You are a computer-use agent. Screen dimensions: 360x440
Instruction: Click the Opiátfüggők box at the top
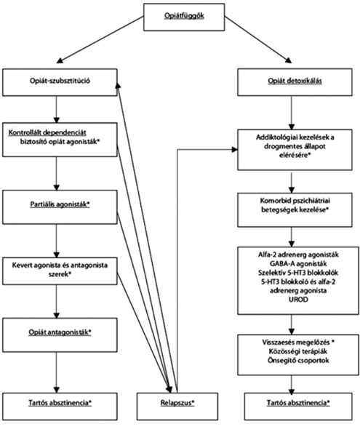point(184,17)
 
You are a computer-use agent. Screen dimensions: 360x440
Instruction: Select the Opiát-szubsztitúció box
point(60,82)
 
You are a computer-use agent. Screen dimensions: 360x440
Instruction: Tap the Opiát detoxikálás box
point(295,82)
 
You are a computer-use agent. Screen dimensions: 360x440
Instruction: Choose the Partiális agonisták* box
point(60,207)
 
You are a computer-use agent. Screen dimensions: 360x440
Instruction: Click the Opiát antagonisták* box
point(60,335)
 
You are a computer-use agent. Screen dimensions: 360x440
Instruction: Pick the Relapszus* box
point(177,407)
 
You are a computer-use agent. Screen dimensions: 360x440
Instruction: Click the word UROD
point(298,300)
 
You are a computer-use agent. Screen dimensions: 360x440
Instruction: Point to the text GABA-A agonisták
point(298,263)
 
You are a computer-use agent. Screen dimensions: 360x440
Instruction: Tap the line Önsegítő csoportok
point(298,360)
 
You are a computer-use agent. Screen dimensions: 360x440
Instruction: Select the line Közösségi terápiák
point(298,351)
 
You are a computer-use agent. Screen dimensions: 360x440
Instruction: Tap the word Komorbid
point(275,201)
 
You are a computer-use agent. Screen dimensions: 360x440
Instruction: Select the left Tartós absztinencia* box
point(60,407)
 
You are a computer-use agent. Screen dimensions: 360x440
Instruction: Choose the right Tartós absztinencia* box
point(298,407)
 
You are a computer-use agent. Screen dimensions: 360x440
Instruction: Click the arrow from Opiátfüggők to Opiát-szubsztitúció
point(100,39)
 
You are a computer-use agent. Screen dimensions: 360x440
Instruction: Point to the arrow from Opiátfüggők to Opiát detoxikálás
point(258,39)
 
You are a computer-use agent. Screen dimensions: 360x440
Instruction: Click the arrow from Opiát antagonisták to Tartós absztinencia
point(57,372)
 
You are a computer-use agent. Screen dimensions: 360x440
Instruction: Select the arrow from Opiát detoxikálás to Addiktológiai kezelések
point(292,113)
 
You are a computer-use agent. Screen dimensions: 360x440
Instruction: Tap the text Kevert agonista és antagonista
point(60,265)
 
